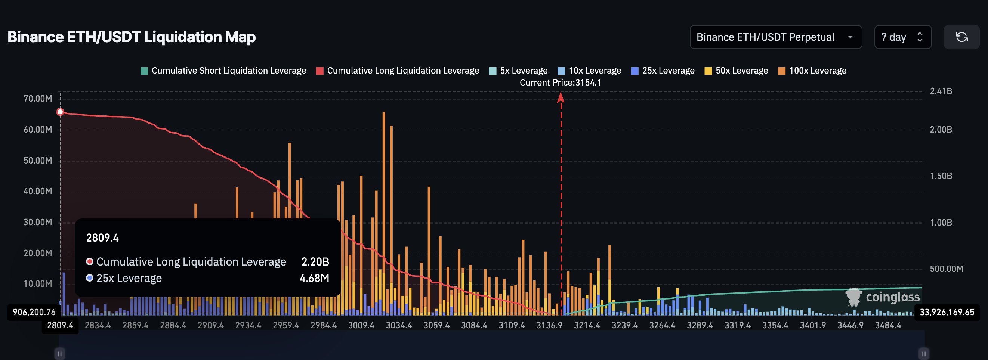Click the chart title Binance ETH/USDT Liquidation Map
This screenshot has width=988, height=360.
(132, 37)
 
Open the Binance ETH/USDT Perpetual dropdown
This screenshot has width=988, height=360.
(775, 37)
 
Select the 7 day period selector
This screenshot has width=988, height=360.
(902, 37)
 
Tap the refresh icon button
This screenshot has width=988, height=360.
(961, 37)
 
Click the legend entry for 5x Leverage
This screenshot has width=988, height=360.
(518, 71)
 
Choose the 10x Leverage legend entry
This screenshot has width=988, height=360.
(589, 71)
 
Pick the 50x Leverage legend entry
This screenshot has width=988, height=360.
(736, 71)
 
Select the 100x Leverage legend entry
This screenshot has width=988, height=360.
(812, 71)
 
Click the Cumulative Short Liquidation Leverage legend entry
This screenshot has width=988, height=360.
(223, 71)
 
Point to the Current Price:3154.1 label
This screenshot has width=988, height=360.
(560, 83)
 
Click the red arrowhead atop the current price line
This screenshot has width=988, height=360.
(561, 98)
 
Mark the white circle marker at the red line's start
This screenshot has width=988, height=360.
(60, 112)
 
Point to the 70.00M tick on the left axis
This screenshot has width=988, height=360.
(38, 99)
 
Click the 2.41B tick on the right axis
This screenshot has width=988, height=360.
(941, 91)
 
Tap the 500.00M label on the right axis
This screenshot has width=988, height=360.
(946, 269)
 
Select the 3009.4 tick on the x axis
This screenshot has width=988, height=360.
(361, 325)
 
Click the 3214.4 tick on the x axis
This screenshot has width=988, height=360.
(587, 325)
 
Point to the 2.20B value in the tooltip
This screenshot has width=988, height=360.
(315, 261)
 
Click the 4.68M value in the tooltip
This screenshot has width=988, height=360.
(314, 278)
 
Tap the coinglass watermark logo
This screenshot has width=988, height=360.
(883, 297)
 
